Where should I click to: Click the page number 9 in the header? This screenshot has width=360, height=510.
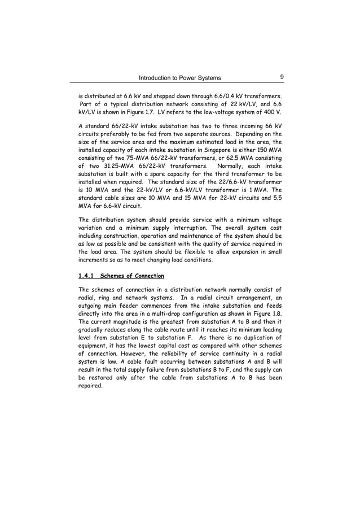point(280,77)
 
